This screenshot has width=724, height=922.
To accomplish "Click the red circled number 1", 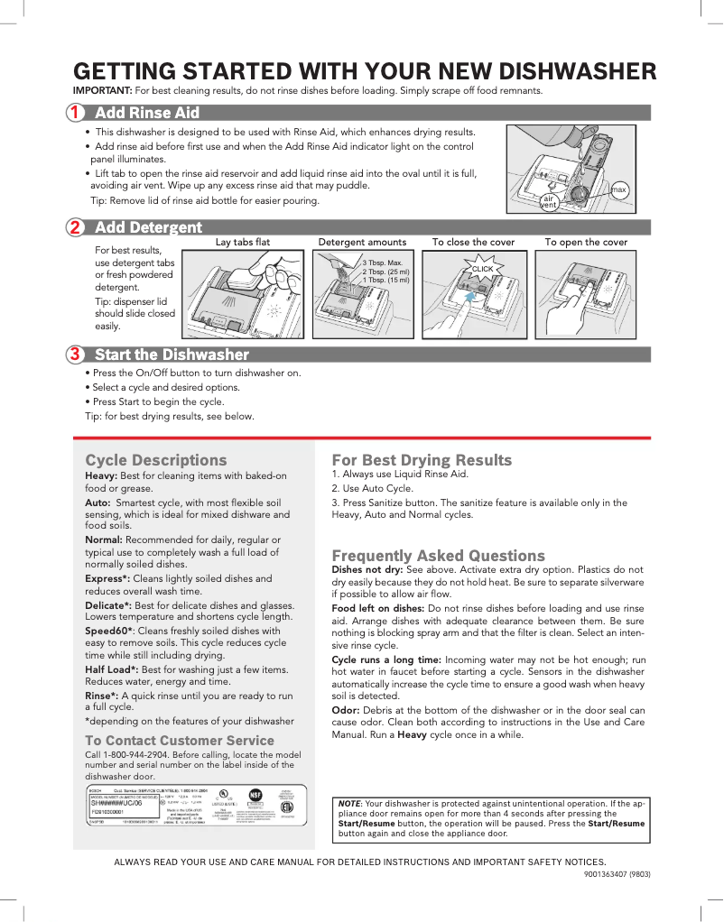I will [x=75, y=113].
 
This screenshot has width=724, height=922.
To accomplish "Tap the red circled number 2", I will [x=75, y=227].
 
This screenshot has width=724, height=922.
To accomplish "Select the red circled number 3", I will [x=75, y=354].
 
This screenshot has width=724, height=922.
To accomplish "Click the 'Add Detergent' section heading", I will [x=148, y=227].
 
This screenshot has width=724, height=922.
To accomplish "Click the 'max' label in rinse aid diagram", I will [x=618, y=189].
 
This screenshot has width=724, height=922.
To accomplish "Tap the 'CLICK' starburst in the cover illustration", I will [x=483, y=269].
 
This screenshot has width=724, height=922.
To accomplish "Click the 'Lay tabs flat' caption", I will [x=243, y=242].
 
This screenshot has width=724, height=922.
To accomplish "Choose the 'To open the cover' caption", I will [x=586, y=242].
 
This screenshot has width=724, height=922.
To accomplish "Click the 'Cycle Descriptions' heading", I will [x=156, y=460].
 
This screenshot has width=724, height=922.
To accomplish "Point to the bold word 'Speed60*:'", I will [x=109, y=631].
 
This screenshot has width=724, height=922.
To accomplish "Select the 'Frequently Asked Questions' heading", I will [x=438, y=556].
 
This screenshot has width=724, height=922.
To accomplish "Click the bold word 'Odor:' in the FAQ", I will [x=348, y=711].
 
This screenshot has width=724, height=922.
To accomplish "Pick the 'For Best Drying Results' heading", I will [x=422, y=460].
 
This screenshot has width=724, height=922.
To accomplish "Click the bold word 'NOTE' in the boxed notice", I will [x=348, y=802].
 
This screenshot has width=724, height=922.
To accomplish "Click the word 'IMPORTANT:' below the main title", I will [x=103, y=91].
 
